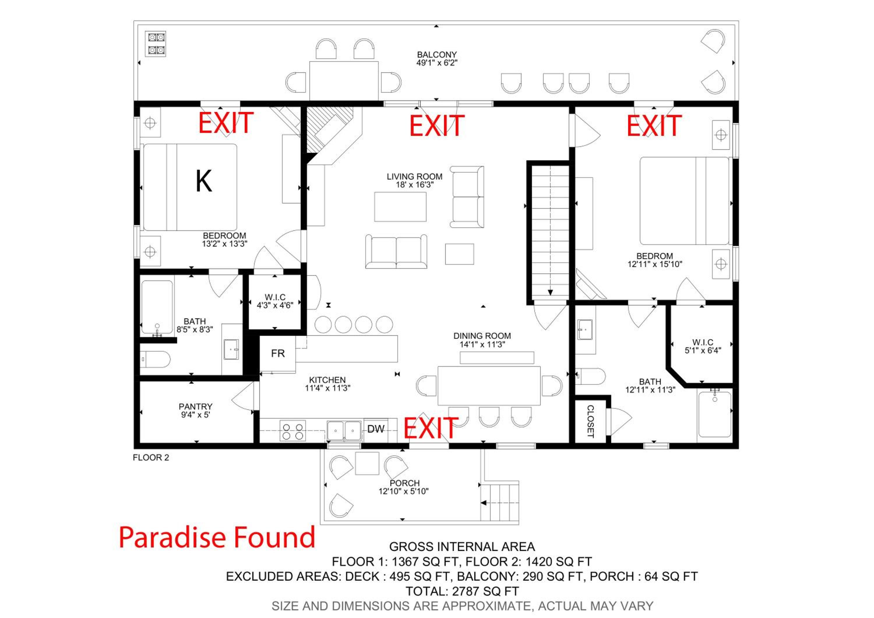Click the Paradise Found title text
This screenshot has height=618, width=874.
pos(217,537)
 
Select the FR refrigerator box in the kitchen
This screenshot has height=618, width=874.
pos(278,354)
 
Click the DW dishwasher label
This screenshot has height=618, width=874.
pos(376,429)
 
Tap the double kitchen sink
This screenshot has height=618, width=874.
pos(344,431)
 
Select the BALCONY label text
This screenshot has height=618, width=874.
pos(437,55)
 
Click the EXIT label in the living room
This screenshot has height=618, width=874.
pos(437,126)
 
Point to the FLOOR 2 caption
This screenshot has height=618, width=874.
pos(151,458)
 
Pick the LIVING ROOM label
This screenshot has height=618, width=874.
pos(415,177)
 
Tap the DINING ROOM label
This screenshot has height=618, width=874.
pos(482,336)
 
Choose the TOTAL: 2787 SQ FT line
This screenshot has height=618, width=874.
pos(462,591)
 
